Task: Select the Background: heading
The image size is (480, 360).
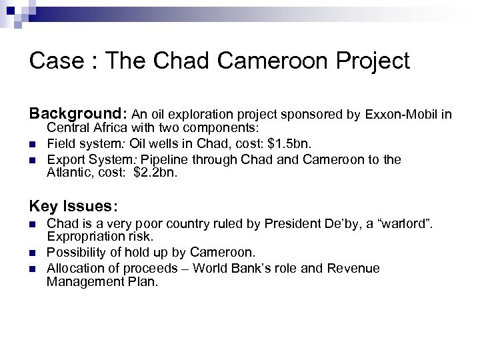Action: coord(78,115)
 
